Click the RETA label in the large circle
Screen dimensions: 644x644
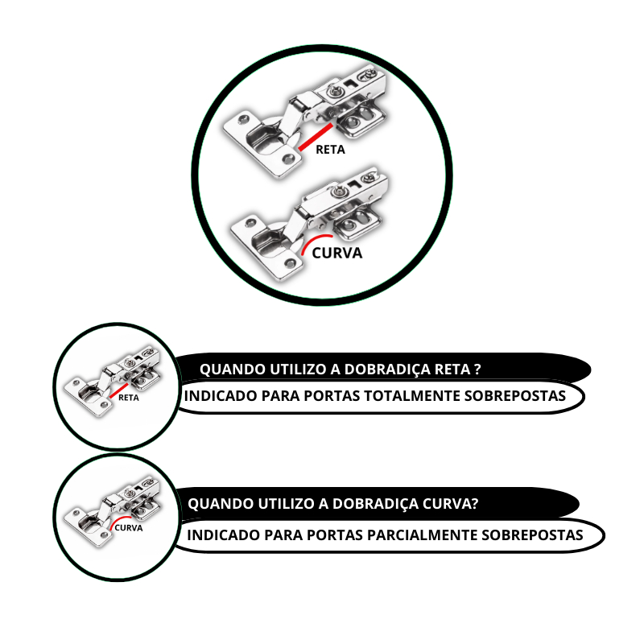[330, 150]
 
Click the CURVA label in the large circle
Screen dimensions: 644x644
[337, 253]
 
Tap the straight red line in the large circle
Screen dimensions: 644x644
[316, 137]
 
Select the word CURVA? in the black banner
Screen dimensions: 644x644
[451, 504]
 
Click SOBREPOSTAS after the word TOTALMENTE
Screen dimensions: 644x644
[515, 396]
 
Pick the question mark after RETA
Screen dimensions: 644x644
[477, 369]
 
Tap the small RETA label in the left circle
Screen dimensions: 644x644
[129, 398]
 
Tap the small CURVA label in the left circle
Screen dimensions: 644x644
[129, 528]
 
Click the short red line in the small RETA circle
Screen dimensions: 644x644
[119, 390]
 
